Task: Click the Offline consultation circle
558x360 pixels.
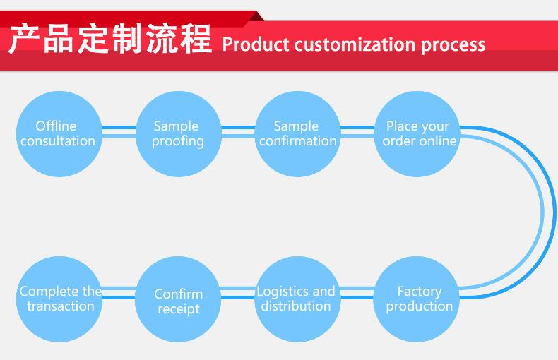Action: pyautogui.click(x=59, y=133)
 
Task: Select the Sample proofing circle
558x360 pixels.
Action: pyautogui.click(x=178, y=133)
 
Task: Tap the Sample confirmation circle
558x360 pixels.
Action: pyautogui.click(x=298, y=133)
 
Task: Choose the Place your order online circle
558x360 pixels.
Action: pyautogui.click(x=417, y=133)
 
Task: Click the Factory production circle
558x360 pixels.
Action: pyautogui.click(x=416, y=299)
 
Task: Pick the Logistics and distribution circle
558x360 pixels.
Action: pyautogui.click(x=298, y=299)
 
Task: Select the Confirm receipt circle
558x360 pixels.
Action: pyautogui.click(x=178, y=299)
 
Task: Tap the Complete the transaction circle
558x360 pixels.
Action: pyautogui.click(x=59, y=299)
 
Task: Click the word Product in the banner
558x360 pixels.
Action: pyautogui.click(x=256, y=44)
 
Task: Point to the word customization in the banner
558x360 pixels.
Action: pyautogui.click(x=355, y=45)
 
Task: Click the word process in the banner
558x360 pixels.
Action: pyautogui.click(x=453, y=47)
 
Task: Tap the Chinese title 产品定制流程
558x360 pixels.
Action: pyautogui.click(x=110, y=38)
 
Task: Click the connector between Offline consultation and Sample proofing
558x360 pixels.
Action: pyautogui.click(x=119, y=131)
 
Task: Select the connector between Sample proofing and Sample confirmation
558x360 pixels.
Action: pyautogui.click(x=238, y=131)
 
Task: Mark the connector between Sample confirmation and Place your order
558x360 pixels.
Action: pyautogui.click(x=357, y=131)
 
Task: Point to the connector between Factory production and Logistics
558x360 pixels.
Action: pyautogui.click(x=357, y=292)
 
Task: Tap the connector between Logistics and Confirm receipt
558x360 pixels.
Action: pyautogui.click(x=238, y=292)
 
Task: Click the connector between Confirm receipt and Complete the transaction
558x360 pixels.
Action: pyautogui.click(x=119, y=292)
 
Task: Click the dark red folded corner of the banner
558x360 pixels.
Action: pyautogui.click(x=256, y=17)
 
